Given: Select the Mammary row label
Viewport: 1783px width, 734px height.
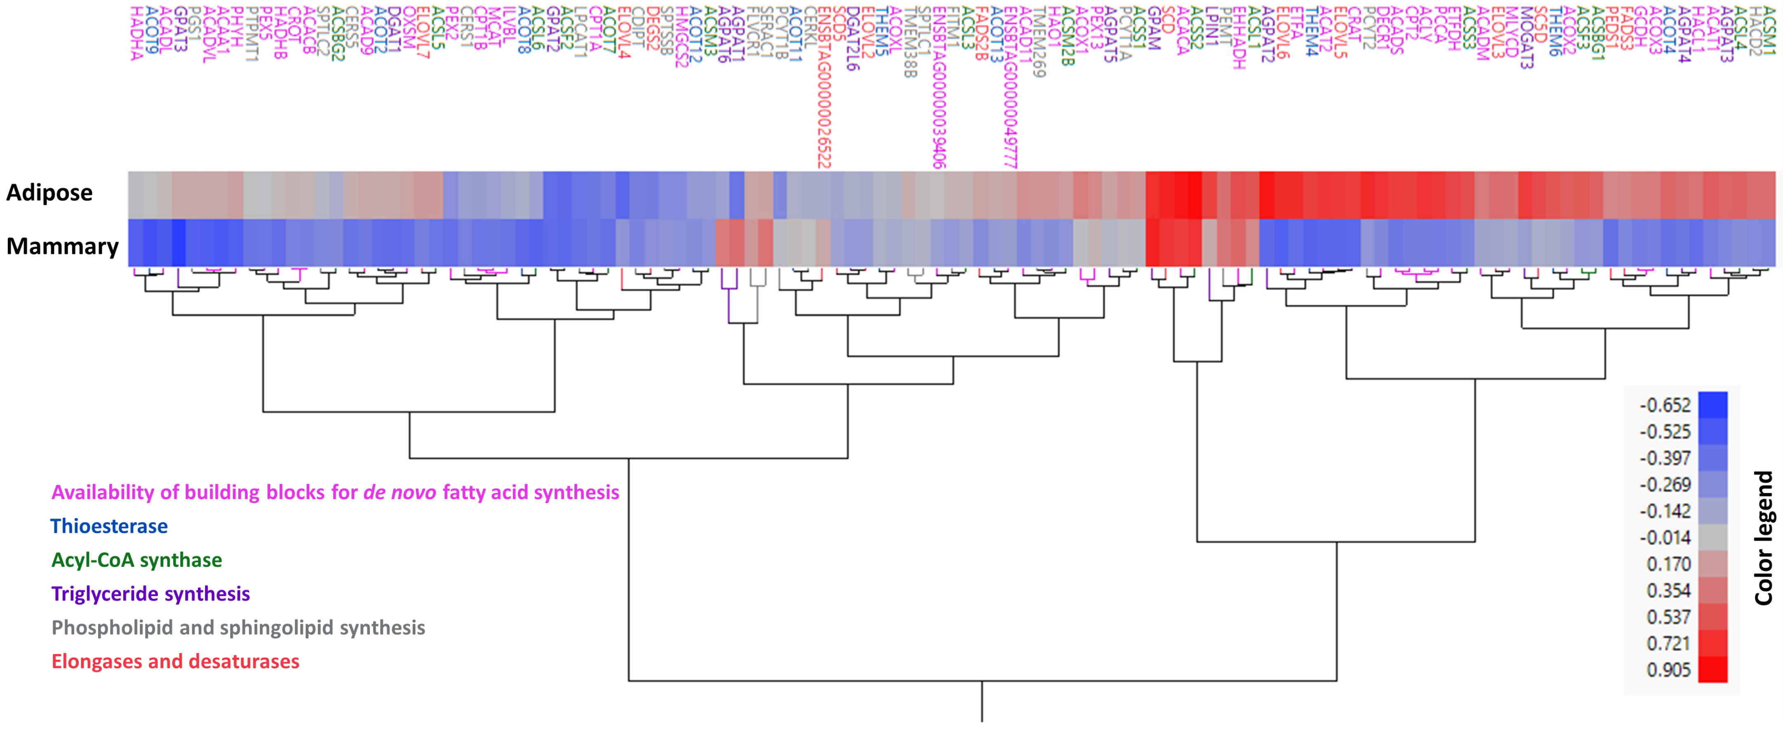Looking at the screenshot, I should point(62,246).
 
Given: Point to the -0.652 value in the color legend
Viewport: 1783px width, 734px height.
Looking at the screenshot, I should point(1665,405).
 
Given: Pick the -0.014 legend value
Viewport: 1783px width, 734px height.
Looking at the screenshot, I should point(1665,537).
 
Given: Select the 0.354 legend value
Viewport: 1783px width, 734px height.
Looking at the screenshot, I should point(1668,591).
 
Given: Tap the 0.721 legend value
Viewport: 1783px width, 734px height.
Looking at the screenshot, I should point(1668,643).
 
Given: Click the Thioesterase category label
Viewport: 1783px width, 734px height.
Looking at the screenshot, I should point(109,526).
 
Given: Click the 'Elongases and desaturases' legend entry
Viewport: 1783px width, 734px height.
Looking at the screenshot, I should point(175,661).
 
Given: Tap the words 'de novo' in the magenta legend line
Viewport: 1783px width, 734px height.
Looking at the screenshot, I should point(400,492).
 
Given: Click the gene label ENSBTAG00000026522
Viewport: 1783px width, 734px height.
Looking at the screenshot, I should point(824,87).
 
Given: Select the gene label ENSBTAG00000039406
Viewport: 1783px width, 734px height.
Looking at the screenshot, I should point(939,87).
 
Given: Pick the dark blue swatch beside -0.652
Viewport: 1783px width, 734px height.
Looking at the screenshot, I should point(1712,405).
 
